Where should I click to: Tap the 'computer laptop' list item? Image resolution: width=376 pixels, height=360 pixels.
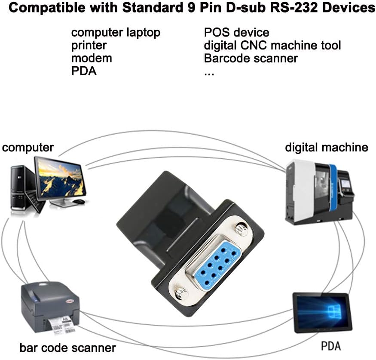(x=116, y=33)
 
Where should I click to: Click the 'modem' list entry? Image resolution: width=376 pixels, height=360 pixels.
(x=92, y=58)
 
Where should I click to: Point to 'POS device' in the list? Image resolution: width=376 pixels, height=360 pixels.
(x=236, y=33)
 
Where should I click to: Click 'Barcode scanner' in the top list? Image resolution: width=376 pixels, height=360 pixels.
(x=251, y=58)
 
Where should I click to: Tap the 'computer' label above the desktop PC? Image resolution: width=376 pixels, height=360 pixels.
(x=28, y=148)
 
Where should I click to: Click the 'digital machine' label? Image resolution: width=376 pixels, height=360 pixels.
(x=327, y=148)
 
